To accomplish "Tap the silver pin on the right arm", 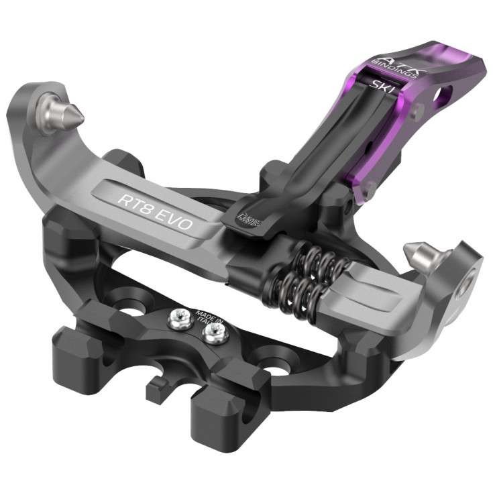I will [415, 254].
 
